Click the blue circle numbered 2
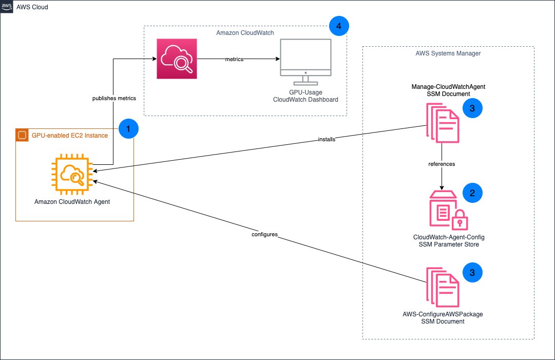pos(472,193)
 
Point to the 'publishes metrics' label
pos(113,98)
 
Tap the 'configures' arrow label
pos(264,234)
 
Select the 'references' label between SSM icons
pos(442,164)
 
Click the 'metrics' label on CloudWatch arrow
pos(234,60)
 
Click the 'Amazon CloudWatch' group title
pos(245,33)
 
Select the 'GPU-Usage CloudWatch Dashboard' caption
pos(306,96)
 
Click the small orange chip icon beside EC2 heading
pos(22,136)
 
